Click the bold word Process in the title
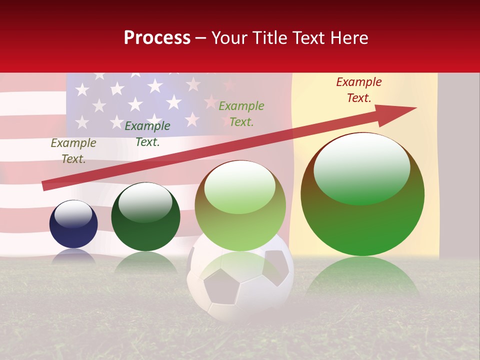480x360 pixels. pos(157,38)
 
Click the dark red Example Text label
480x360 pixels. pos(359,90)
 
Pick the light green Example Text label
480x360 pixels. pos(241,113)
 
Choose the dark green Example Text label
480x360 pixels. pos(147,133)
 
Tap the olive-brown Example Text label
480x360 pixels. pos(73,150)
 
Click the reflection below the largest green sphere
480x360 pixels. pos(362,277)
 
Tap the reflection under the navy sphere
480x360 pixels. pos(73,256)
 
